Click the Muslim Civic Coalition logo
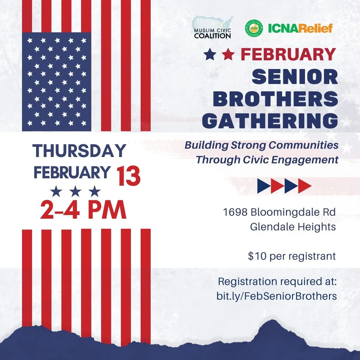pos(213,28)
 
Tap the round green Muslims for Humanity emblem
pos(254,28)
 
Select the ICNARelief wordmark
pos(300,28)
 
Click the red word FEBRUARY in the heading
pos(288,55)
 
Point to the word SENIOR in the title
pos(295,77)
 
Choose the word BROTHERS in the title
pos(275,99)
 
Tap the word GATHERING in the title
pos(270,121)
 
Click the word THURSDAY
pos(79,151)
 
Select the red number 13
pos(128,176)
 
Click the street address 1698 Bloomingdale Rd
pos(279,212)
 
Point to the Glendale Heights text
pos(293,227)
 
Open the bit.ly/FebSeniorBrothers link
pos(277,296)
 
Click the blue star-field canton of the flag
pos(56,81)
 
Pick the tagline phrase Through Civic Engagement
pos(267,160)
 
